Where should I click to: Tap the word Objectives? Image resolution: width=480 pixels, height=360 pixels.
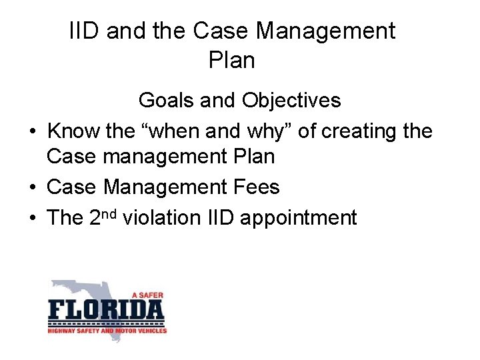pos(291,101)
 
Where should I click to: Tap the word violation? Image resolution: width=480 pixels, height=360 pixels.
pos(173,217)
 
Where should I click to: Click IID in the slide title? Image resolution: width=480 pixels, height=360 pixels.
pos(85,31)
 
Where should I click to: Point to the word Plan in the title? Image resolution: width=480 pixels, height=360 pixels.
pos(231,61)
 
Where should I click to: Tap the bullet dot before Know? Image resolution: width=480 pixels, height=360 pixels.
pos(32,132)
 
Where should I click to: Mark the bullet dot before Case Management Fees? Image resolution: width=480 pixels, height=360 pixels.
pos(32,188)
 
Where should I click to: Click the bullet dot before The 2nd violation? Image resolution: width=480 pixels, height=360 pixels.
pos(32,218)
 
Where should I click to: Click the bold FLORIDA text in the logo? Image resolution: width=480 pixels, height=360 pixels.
pos(106,311)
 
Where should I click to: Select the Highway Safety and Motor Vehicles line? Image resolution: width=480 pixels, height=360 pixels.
pos(107,329)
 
